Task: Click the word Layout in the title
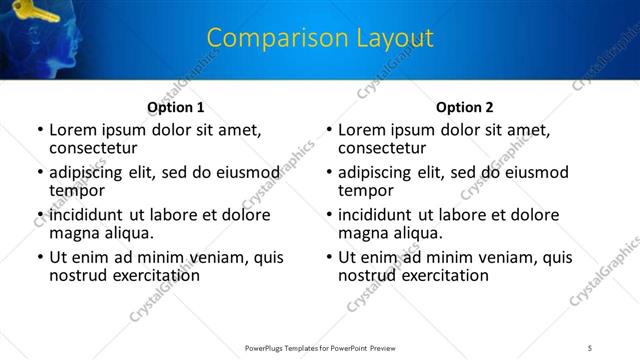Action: click(393, 38)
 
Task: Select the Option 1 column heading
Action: click(176, 107)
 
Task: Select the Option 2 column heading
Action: click(465, 107)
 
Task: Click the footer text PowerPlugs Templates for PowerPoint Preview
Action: click(320, 347)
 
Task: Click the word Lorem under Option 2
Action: click(362, 130)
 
